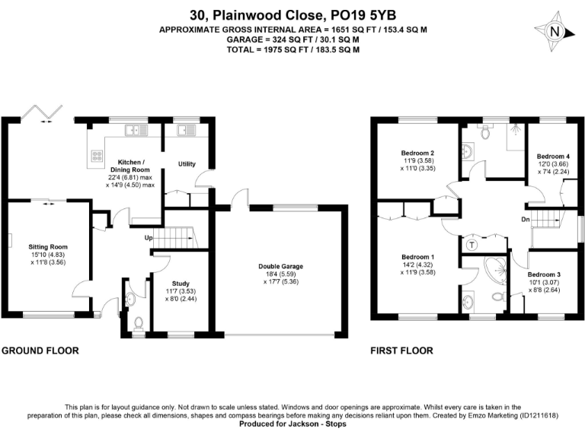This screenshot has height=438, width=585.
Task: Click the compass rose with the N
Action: pos(555,32)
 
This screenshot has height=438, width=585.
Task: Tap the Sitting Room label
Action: pos(48,247)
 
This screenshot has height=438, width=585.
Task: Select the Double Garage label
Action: pos(281,267)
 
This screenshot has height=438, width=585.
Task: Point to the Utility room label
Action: pos(187,164)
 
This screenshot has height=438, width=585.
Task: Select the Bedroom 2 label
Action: pos(417,153)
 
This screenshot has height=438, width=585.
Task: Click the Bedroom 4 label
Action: pos(553,157)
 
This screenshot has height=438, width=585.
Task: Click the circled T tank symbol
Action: pos(472,245)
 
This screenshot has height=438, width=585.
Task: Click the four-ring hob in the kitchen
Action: pos(98,155)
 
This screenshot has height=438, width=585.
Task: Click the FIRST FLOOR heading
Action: pos(401,351)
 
